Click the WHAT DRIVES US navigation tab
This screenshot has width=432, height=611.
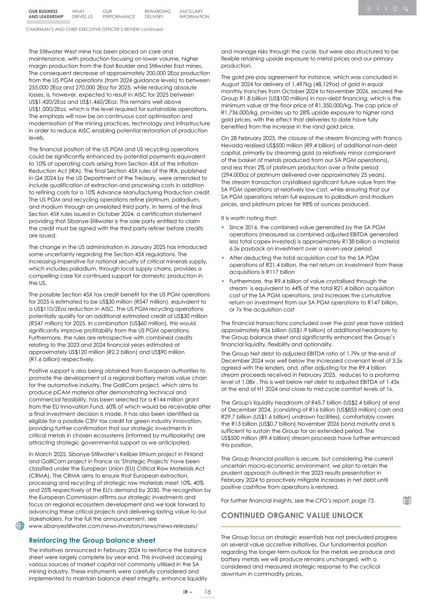[82, 14]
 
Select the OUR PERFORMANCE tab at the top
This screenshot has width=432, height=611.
[118, 14]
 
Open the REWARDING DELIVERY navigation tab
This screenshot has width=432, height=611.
[157, 14]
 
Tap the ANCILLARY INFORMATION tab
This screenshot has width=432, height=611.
[194, 14]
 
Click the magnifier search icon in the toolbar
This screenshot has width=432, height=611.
[405, 9]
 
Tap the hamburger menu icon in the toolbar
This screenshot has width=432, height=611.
[369, 9]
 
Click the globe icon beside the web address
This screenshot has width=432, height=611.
[20, 526]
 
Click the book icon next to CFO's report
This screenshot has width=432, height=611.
[406, 500]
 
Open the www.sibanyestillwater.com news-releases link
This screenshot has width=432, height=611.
[113, 526]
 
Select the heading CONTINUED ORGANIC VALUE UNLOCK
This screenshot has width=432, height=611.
[292, 516]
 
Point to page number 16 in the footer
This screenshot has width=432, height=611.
[207, 592]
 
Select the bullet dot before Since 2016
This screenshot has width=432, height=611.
[223, 227]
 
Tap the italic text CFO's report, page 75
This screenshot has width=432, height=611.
[344, 500]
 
